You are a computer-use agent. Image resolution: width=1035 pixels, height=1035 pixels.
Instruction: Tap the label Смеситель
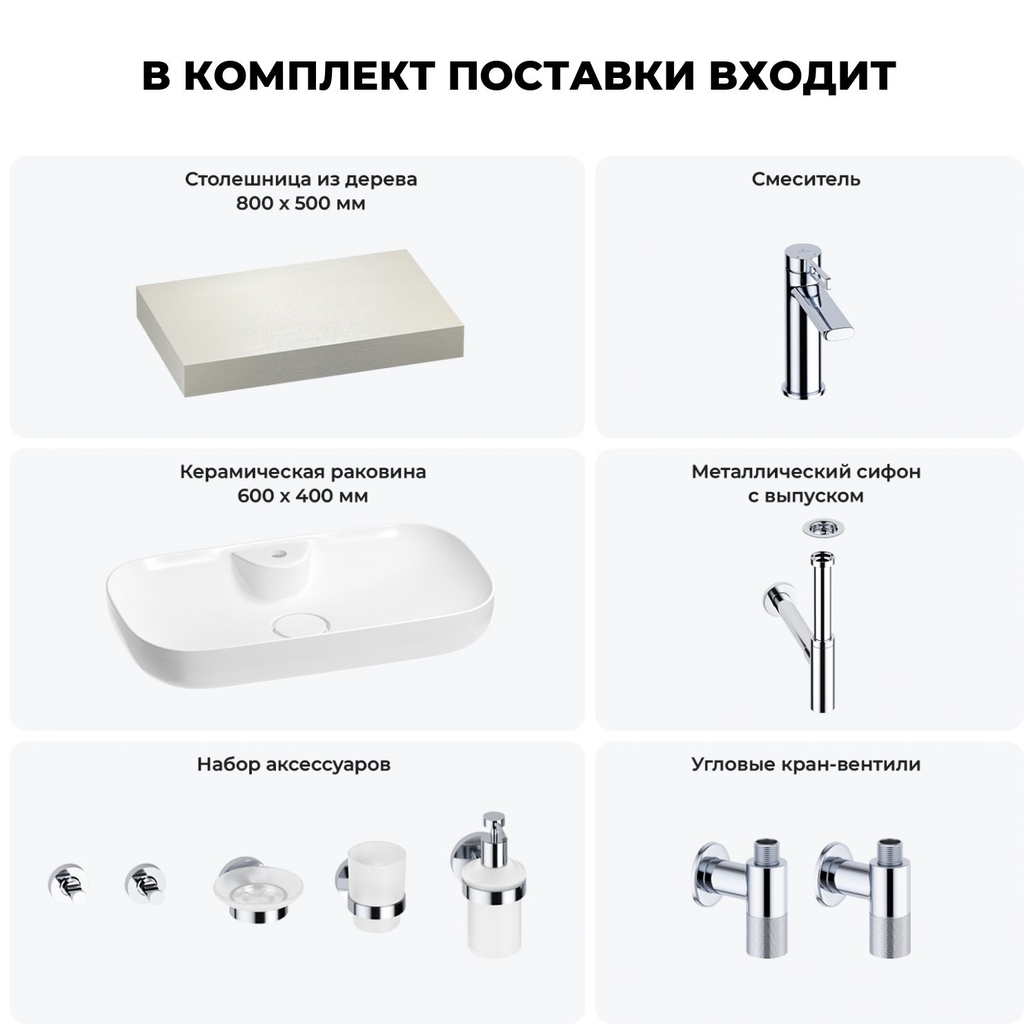pyautogui.click(x=806, y=179)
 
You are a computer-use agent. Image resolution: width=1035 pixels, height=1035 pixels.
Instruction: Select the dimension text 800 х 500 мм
pyautogui.click(x=301, y=204)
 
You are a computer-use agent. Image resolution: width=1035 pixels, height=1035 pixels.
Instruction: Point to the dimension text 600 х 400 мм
pyautogui.click(x=303, y=496)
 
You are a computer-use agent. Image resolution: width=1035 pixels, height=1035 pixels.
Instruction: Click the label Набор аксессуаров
pyautogui.click(x=294, y=765)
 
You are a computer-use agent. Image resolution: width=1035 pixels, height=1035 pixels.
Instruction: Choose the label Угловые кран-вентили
pyautogui.click(x=806, y=765)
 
